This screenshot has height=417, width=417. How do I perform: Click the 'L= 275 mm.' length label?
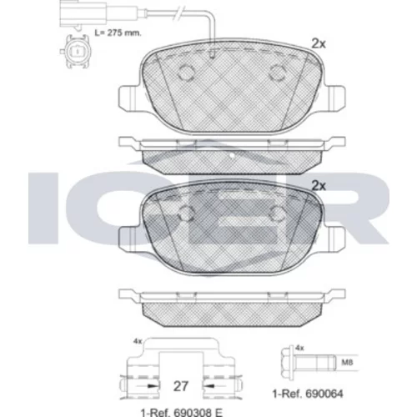coord(118,33)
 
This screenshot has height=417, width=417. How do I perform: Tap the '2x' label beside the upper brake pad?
coord(319,43)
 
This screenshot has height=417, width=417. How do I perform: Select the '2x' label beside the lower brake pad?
coord(319,186)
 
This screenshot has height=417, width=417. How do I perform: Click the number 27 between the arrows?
coord(181,386)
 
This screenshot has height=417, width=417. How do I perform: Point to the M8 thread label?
coord(347,363)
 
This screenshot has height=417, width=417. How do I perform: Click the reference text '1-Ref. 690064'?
coord(308,394)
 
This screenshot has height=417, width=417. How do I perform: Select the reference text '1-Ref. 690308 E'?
coord(182,413)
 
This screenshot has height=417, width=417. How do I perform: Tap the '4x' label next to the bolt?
coord(299,348)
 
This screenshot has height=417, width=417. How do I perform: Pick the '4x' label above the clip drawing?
coord(138,341)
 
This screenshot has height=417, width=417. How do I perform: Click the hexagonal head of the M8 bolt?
coord(288,362)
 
